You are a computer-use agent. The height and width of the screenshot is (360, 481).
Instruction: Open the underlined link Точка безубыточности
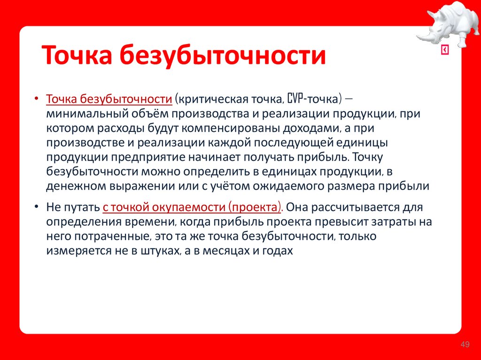click(x=109, y=100)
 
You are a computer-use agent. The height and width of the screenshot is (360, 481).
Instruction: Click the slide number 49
click(x=465, y=345)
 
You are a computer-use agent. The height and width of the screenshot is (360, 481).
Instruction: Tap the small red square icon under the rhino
click(x=445, y=51)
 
